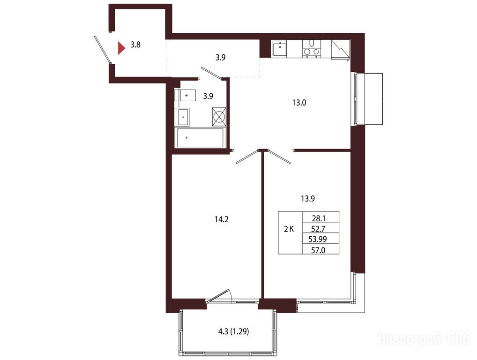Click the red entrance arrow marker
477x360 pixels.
[x=121, y=48]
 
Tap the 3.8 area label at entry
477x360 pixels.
[x=135, y=45]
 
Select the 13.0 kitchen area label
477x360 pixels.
[x=299, y=103]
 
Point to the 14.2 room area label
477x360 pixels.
[x=222, y=219]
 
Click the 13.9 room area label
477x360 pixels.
[x=307, y=199]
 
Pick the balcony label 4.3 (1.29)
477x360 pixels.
[x=234, y=331]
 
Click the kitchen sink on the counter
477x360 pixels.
[x=280, y=49]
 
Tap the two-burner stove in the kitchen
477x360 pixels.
[x=312, y=48]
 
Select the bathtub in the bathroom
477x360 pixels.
[x=201, y=138]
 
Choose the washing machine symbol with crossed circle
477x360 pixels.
[x=219, y=117]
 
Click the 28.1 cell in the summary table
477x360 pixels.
[x=319, y=218]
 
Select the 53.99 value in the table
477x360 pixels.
[x=318, y=239]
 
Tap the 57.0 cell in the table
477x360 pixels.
[x=319, y=250]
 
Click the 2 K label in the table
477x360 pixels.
[x=289, y=229]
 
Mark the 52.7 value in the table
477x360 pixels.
[x=319, y=229]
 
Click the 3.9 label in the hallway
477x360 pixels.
[x=221, y=57]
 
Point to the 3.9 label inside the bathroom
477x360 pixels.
[x=208, y=96]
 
